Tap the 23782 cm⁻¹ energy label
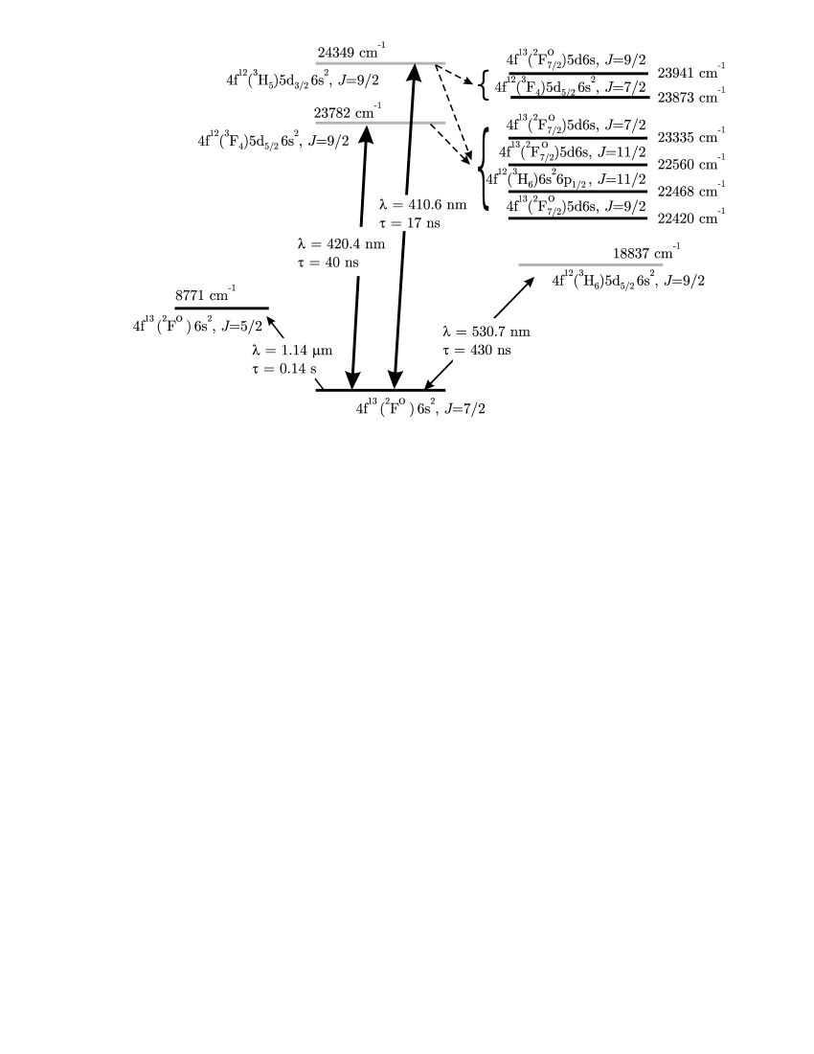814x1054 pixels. (x=351, y=112)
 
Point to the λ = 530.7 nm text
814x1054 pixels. (x=486, y=332)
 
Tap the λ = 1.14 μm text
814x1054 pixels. (x=291, y=350)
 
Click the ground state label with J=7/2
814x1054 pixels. (x=425, y=408)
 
